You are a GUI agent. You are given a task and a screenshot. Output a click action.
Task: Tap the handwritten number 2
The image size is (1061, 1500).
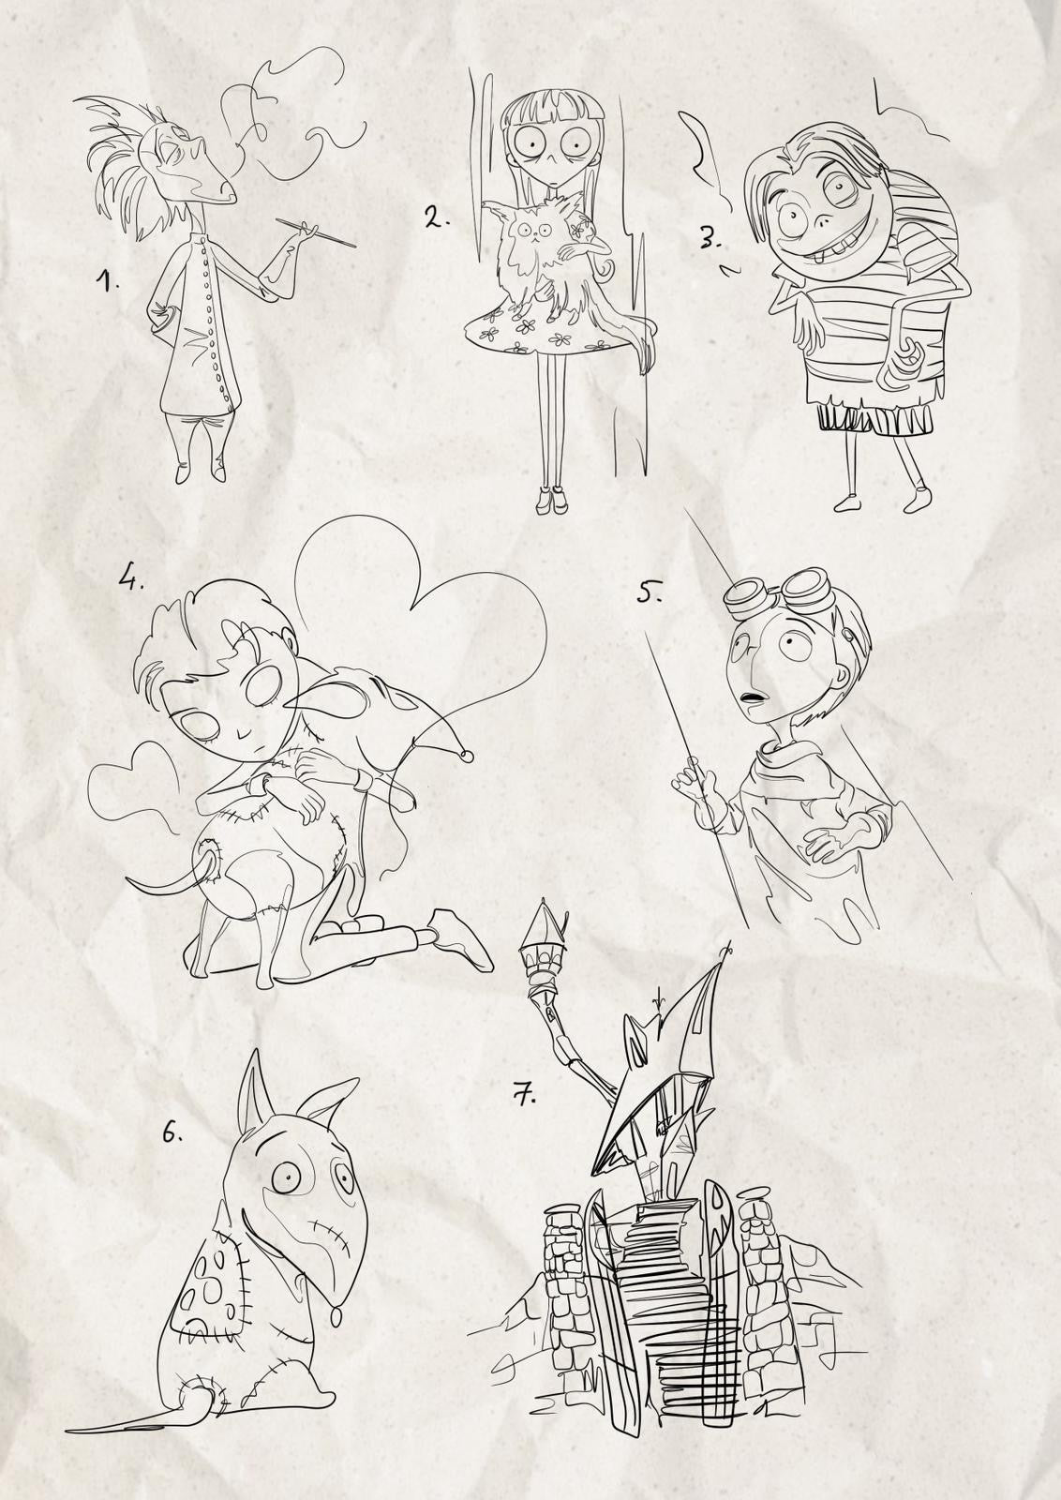pos(437,217)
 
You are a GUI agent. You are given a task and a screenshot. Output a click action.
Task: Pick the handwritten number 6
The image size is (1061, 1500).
pos(172,1132)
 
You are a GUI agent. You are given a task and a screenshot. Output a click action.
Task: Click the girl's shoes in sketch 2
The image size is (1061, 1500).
pos(552,498)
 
